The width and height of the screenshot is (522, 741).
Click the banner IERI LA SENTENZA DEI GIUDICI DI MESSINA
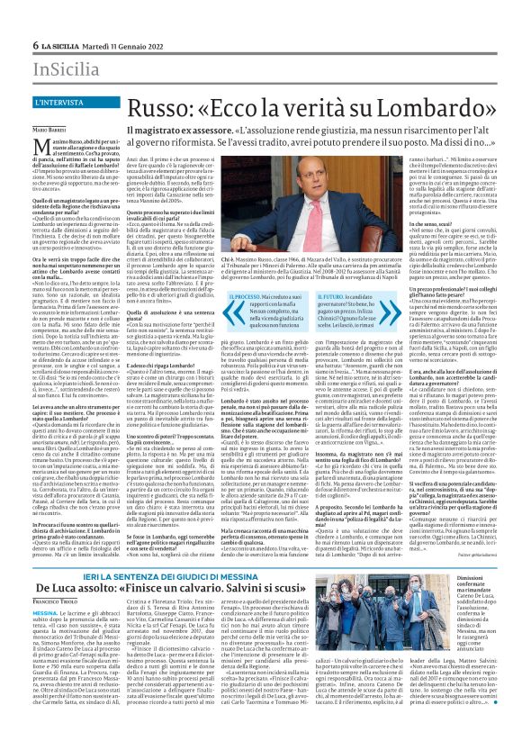tap(172, 550)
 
